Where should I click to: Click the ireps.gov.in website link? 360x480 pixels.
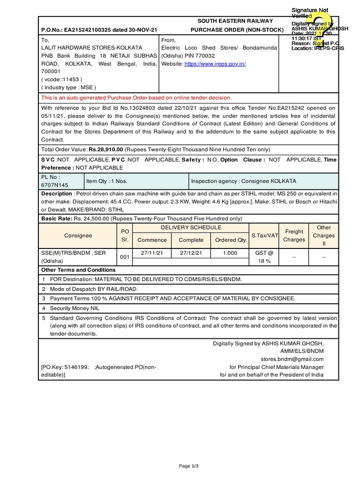coord(216,64)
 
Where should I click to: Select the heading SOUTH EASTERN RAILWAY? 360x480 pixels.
coord(235,22)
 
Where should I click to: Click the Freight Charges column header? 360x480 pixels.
coord(294,235)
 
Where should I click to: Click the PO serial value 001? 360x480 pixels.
coord(125,257)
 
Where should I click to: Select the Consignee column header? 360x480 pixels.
coord(78,235)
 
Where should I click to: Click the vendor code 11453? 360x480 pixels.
coord(70,79)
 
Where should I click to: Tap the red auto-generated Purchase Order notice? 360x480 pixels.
coord(136,97)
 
